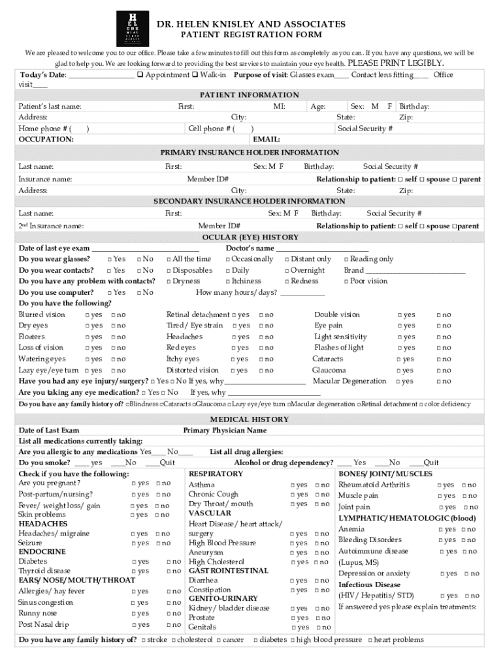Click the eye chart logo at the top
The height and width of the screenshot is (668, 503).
click(x=133, y=29)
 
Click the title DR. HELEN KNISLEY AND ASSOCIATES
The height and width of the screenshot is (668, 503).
click(x=251, y=24)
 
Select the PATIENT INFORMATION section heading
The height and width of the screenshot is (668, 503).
click(x=250, y=95)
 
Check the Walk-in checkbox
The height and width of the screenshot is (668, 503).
click(x=195, y=75)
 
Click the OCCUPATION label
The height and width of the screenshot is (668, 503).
click(x=46, y=139)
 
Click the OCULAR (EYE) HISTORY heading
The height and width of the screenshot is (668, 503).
click(x=250, y=237)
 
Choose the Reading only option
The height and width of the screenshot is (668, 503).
click(x=346, y=260)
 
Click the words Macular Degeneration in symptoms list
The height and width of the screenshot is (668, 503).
click(x=349, y=381)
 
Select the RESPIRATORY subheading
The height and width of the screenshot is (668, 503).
click(x=215, y=474)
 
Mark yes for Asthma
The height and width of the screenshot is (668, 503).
click(x=292, y=485)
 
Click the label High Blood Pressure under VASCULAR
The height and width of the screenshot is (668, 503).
click(x=222, y=543)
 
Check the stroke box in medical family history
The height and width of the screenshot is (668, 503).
click(x=143, y=640)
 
